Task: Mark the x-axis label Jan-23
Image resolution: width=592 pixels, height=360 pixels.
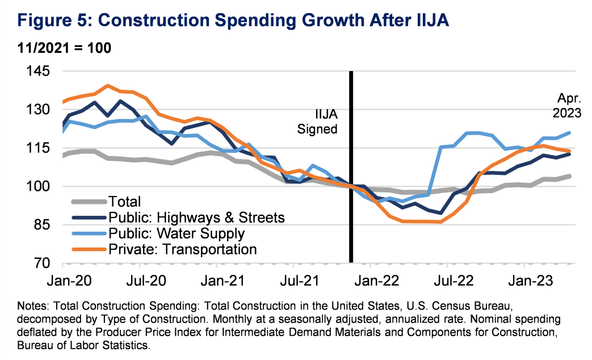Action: (x=529, y=280)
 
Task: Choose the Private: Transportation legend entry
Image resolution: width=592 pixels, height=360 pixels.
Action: (x=184, y=249)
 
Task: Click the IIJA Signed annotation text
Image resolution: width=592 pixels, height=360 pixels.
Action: (x=318, y=121)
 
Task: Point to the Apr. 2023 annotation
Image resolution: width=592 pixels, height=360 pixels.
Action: (x=567, y=105)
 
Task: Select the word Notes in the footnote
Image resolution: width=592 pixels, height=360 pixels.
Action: (x=33, y=306)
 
